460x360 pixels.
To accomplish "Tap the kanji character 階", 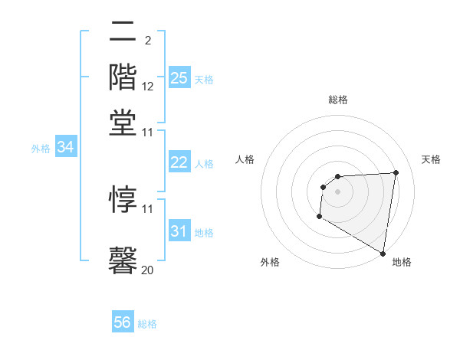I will tap(123, 77).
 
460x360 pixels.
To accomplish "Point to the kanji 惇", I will tap(123, 198).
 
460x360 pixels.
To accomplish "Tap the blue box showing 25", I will tap(179, 77).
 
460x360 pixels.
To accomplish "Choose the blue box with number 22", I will tap(179, 162).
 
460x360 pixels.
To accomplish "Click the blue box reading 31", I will tap(179, 231).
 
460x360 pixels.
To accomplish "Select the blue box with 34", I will tap(65, 148).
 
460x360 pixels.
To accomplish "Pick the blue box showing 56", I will tap(123, 322).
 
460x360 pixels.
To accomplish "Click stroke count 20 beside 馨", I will tap(148, 270).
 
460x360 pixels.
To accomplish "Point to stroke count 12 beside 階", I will tap(148, 87).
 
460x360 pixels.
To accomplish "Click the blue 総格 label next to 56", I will tap(147, 324).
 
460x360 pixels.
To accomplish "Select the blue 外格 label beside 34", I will tap(41, 149).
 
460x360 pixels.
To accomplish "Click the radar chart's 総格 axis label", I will tap(337, 100).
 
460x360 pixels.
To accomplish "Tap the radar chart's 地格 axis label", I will tap(402, 262).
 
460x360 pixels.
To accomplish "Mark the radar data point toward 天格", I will tap(396, 172).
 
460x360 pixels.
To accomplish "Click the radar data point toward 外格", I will tap(319, 217).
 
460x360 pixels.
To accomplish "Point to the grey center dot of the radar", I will tap(337, 191).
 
